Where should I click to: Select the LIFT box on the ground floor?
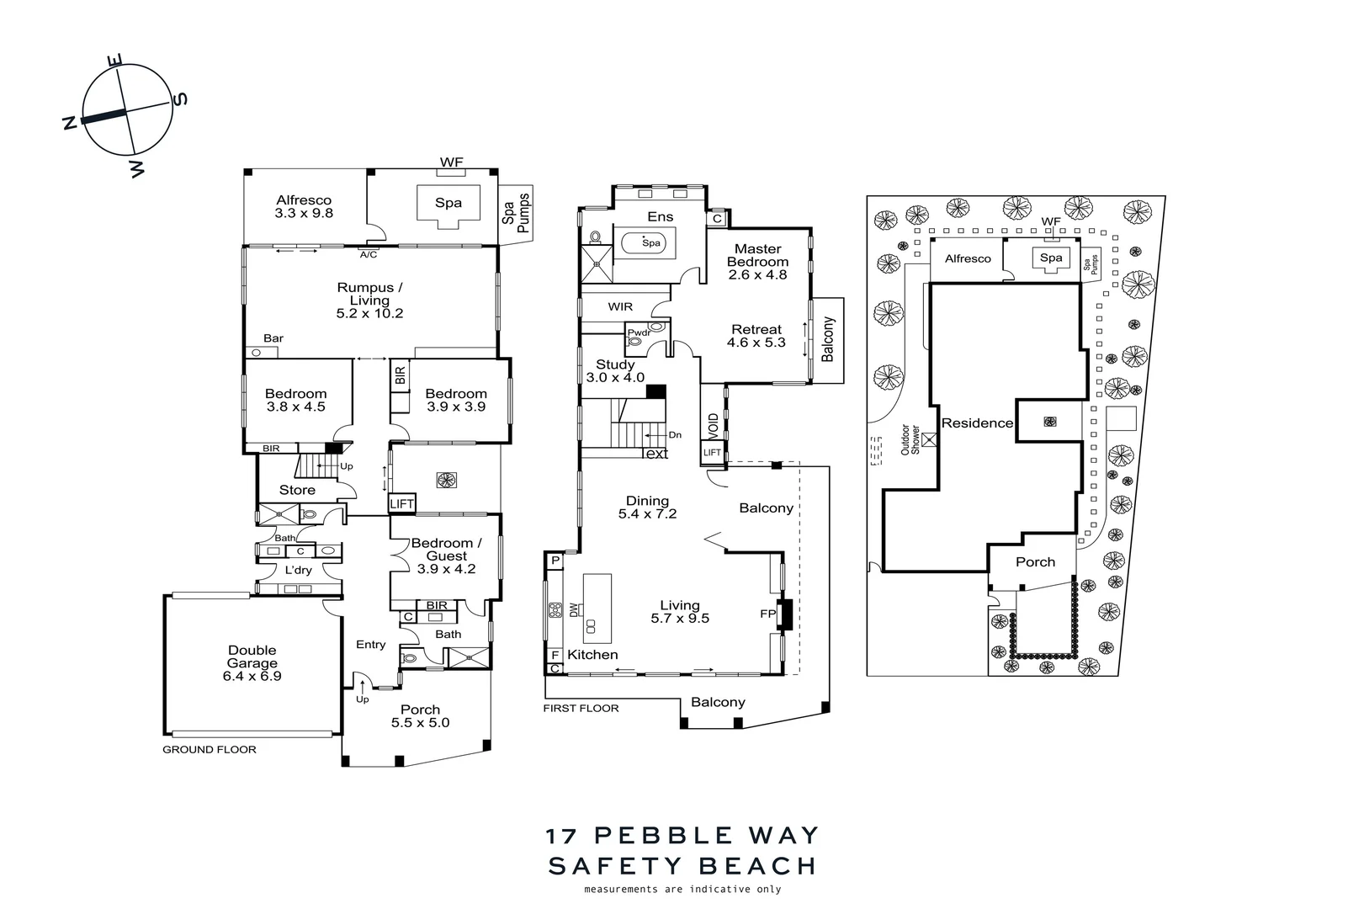click(402, 504)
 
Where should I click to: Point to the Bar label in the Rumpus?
click(273, 338)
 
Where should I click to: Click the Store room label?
click(297, 490)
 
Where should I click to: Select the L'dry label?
click(298, 570)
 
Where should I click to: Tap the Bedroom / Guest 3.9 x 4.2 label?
click(446, 555)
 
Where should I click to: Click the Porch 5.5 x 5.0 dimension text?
click(420, 722)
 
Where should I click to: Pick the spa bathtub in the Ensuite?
click(648, 243)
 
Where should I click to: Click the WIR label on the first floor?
click(620, 307)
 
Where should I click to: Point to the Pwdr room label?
click(640, 332)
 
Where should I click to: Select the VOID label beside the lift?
click(713, 424)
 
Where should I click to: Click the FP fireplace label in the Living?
click(767, 614)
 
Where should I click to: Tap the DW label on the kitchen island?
click(574, 609)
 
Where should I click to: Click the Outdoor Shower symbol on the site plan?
click(929, 439)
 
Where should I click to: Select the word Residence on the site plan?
click(977, 423)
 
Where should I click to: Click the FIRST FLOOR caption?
click(581, 709)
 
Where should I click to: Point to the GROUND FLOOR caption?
click(210, 749)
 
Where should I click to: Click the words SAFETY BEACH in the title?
click(682, 866)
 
